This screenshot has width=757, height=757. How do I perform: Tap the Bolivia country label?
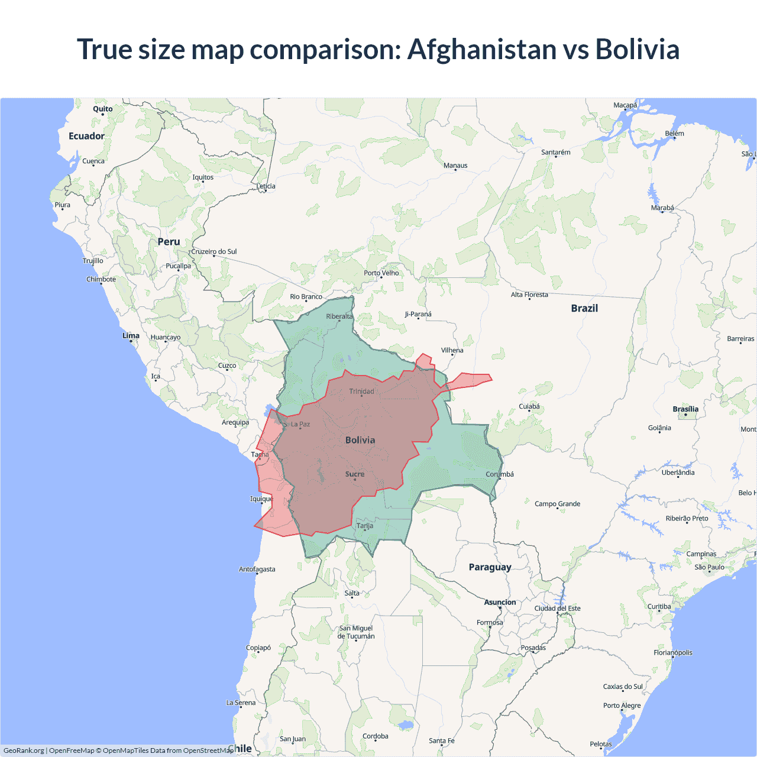(360, 440)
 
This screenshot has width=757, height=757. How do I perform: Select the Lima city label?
(131, 335)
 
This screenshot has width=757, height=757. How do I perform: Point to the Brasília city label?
(685, 409)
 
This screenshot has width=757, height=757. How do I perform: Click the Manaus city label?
(455, 166)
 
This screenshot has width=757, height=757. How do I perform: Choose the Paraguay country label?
(490, 567)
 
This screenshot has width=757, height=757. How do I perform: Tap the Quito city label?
(103, 109)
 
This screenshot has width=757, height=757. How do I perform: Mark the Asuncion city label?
(500, 602)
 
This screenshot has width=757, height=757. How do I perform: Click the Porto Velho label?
(381, 273)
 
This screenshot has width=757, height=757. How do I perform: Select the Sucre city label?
(355, 474)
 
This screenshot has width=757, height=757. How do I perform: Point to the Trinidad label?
(361, 392)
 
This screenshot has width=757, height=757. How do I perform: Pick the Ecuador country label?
(86, 136)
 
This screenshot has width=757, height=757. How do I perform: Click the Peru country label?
(169, 242)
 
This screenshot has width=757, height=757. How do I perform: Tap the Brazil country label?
(584, 308)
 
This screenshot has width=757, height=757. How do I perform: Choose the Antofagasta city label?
(257, 569)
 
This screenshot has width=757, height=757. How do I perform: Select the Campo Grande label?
(557, 504)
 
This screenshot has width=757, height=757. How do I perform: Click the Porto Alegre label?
(622, 705)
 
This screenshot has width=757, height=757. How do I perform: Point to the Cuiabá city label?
(529, 406)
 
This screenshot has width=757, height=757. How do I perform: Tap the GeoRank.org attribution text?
(24, 750)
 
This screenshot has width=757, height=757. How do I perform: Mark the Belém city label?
(674, 134)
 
